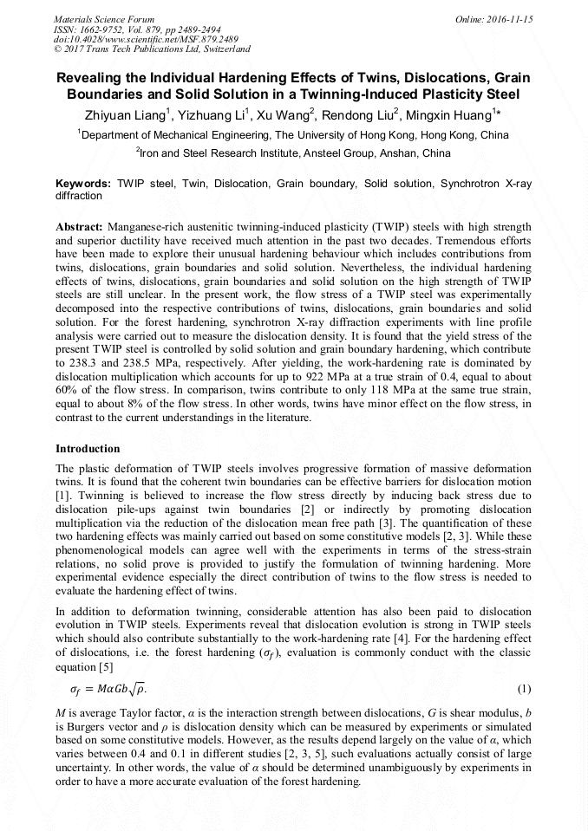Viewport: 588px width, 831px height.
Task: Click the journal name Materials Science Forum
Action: pyautogui.click(x=104, y=19)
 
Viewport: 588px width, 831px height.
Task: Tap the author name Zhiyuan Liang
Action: pyautogui.click(x=121, y=115)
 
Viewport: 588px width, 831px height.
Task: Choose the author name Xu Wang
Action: pyautogui.click(x=284, y=115)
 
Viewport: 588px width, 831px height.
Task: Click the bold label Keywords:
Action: pyautogui.click(x=83, y=185)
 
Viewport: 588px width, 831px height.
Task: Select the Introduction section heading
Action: pyautogui.click(x=88, y=449)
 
